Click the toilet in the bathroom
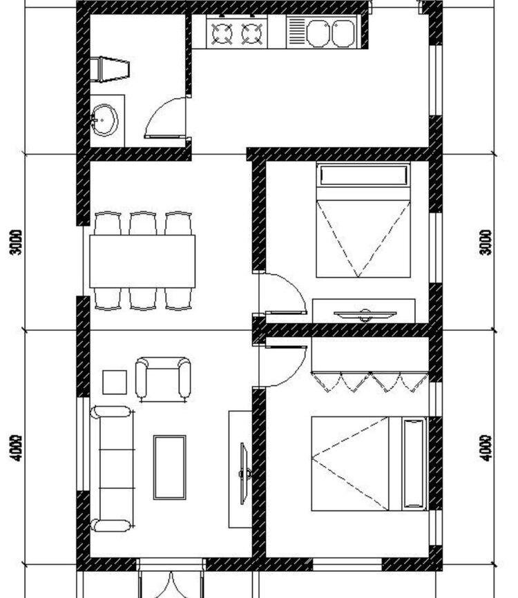pos(111,69)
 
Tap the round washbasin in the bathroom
pos(105,120)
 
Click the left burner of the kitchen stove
pos(222,33)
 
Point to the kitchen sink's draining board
pos(296,32)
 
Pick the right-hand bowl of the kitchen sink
pos(343,32)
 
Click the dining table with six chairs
pos(142,261)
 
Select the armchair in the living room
pos(163,378)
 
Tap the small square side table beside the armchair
pos(115,382)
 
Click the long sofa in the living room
pos(112,468)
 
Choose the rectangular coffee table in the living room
pos(169,467)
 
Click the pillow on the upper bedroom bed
pos(363,175)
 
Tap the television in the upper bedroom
pos(364,315)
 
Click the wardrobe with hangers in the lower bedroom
pos(370,366)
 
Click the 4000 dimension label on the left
pos(17,447)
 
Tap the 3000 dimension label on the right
pos(486,242)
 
